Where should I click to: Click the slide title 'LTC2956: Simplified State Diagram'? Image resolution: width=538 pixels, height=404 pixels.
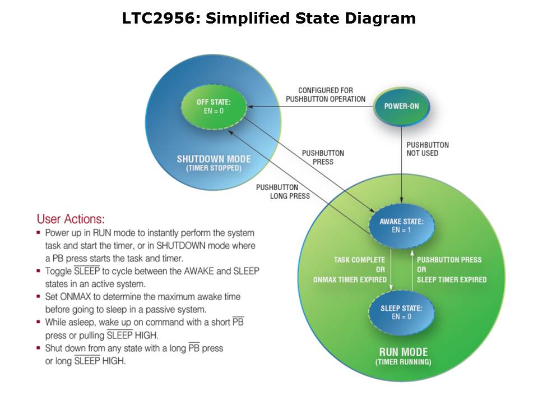269,19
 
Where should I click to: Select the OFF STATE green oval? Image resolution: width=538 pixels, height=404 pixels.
214,107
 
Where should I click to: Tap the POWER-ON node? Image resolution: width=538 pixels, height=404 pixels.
401,107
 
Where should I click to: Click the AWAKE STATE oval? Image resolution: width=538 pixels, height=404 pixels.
401,226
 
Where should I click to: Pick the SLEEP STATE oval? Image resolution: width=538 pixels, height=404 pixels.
401,313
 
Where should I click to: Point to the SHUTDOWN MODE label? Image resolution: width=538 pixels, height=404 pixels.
214,159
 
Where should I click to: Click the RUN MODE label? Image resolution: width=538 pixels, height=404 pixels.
403,352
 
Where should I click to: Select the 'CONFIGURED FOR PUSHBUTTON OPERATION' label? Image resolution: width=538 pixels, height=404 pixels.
326,95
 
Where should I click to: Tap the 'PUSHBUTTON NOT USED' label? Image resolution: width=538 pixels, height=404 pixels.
428,149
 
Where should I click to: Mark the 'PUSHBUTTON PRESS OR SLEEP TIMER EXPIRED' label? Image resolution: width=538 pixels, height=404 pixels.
452,269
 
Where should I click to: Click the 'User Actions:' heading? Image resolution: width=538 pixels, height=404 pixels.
71,219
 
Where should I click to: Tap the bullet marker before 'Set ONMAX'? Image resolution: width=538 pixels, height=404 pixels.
39,297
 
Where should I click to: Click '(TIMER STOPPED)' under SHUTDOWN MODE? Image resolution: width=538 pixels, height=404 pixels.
214,168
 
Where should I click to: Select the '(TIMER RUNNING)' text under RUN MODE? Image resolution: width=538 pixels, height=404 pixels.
403,362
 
